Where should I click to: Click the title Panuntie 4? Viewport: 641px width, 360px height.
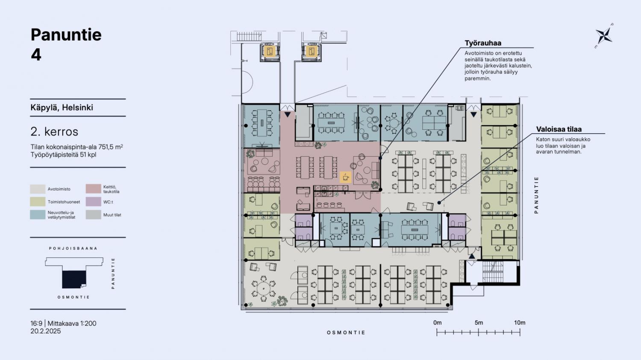(66, 44)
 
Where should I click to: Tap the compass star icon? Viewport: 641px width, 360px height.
(603, 36)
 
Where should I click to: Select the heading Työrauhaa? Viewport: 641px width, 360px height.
(483, 43)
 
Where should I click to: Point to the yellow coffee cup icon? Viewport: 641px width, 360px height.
(345, 177)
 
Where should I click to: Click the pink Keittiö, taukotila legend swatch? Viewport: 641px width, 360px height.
(93, 189)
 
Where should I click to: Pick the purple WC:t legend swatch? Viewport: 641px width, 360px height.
(93, 202)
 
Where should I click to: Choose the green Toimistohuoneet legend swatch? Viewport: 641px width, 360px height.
(38, 202)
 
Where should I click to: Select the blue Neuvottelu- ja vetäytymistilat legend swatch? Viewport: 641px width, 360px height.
(38, 215)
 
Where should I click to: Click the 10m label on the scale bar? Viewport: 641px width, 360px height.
(520, 323)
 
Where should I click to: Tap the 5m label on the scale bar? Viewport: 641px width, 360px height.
(479, 323)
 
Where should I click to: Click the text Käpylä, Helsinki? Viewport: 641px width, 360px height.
(62, 108)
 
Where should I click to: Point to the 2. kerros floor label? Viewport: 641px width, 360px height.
(54, 132)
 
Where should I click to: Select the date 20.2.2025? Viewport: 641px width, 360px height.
(46, 331)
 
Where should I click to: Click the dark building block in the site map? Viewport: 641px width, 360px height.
(74, 279)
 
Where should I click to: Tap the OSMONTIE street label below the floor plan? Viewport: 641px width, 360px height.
(346, 333)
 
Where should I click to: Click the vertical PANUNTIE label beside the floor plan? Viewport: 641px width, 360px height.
(536, 195)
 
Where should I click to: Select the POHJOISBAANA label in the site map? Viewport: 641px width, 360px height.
(73, 249)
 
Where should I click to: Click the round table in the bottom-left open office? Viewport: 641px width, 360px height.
(263, 289)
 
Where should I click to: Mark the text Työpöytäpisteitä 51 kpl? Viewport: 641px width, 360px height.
(63, 155)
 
